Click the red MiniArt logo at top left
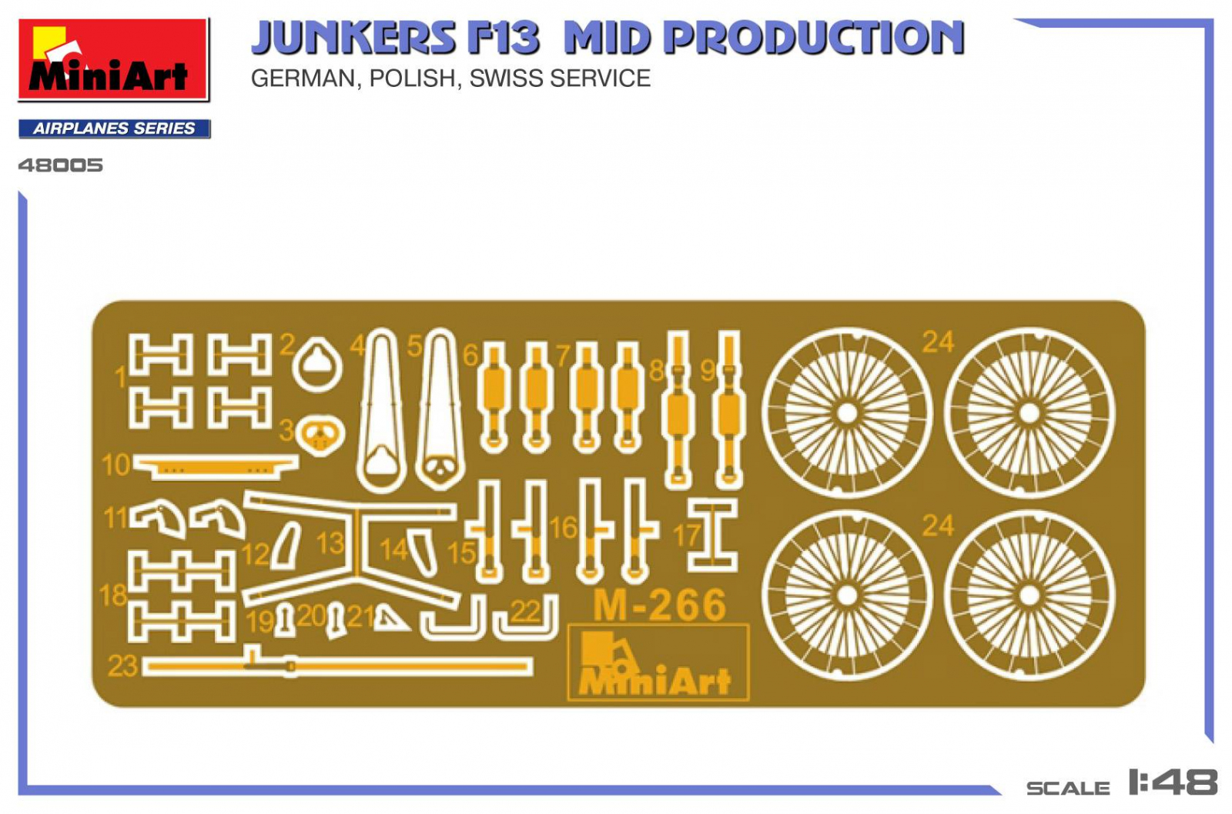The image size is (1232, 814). (113, 59)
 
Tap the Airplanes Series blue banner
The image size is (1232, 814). (115, 128)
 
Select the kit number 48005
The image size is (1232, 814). (61, 165)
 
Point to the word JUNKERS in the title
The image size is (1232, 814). (353, 38)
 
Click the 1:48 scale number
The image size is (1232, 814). (1173, 782)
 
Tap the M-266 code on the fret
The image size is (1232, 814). (660, 605)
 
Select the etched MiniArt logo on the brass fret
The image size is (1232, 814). (658, 663)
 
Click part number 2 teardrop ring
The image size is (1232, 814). (317, 365)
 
